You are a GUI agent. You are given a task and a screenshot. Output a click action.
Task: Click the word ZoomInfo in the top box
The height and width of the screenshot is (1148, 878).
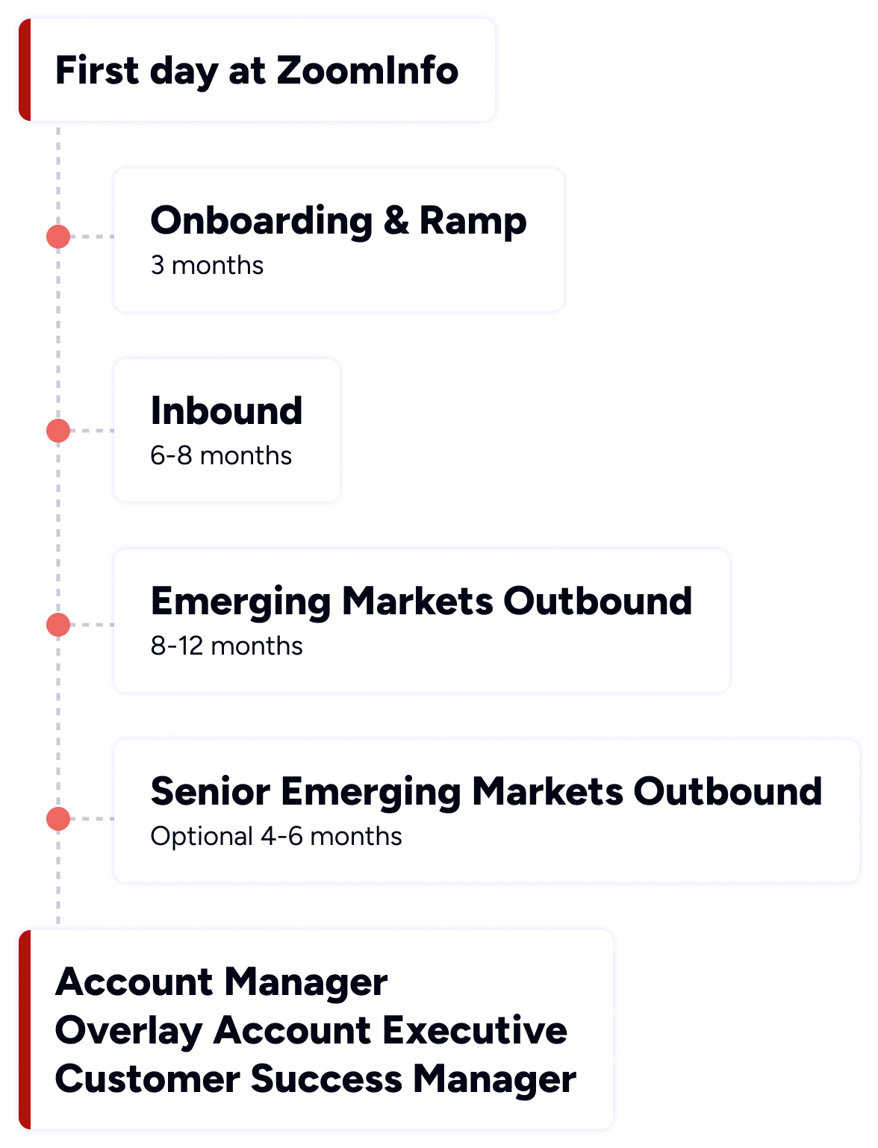367,71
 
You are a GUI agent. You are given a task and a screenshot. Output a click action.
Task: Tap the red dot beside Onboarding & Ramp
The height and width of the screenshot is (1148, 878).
58,237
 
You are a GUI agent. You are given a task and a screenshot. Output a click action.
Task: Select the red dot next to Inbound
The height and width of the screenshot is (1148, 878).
58,431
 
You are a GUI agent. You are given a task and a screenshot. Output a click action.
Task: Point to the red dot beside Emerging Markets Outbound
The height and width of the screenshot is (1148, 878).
58,625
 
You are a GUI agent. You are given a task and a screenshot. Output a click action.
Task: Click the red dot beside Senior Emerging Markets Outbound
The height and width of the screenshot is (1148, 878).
58,819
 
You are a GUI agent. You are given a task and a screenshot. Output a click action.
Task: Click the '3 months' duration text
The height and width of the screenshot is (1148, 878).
207,266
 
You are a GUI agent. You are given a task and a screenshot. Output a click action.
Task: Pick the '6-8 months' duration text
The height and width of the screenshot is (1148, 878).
221,456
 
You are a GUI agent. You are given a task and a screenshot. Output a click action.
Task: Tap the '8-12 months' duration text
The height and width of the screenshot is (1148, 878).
226,646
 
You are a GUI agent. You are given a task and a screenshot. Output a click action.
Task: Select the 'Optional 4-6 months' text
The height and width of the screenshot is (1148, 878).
276,837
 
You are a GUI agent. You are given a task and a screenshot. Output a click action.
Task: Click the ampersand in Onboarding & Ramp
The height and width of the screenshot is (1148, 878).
396,221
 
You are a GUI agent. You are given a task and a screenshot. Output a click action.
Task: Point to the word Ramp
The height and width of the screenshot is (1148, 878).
473,222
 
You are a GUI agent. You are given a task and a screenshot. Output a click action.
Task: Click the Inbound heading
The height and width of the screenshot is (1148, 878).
226,411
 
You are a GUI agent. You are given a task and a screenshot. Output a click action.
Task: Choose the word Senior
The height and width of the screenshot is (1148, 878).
210,792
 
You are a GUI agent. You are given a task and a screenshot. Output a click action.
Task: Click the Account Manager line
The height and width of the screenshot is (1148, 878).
221,982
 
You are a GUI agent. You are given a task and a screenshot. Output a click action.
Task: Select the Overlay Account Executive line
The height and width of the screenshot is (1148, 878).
311,1031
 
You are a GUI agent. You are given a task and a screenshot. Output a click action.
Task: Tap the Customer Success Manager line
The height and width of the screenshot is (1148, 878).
315,1079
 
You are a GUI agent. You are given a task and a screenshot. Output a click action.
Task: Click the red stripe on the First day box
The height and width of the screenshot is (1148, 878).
24,70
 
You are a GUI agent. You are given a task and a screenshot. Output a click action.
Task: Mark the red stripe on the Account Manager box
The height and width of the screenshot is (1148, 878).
24,1030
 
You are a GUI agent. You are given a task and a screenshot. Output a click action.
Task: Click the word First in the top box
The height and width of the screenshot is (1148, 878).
97,71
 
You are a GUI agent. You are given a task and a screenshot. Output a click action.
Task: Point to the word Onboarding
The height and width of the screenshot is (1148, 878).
261,222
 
